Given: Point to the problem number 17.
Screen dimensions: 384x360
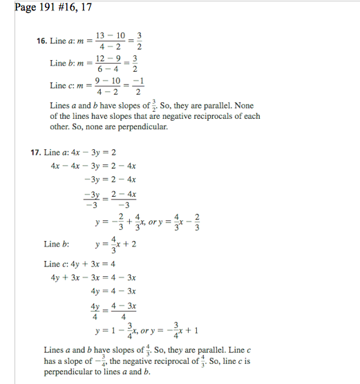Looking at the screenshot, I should tap(35, 152).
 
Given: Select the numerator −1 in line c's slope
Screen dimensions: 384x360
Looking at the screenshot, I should tap(139, 80).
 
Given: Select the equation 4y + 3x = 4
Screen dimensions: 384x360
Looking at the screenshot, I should tap(93, 264).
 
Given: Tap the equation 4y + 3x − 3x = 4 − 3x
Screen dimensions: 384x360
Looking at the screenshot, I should tap(93, 278).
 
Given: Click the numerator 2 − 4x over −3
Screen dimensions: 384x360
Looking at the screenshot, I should tap(124, 194).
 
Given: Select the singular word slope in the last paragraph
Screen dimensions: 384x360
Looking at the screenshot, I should tap(84, 360).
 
